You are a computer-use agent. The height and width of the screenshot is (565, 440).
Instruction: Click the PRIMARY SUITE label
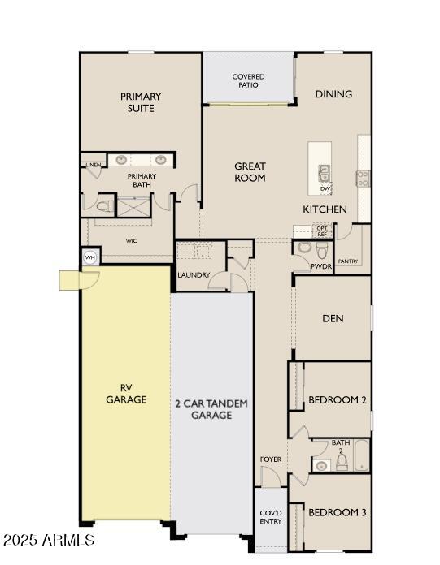pos(141,102)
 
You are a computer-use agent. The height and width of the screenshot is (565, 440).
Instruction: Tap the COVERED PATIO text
pos(248,80)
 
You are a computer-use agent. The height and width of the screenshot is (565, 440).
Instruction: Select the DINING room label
pos(333,94)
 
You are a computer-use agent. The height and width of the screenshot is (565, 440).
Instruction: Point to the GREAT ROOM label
pos(250,172)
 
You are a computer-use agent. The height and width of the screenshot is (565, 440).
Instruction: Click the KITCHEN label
pos(325,209)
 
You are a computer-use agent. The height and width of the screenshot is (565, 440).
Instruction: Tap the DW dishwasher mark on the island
pos(325,188)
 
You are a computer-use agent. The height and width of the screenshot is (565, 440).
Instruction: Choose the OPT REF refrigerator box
pos(322,231)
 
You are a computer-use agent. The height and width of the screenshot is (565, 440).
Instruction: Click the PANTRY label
pos(348,261)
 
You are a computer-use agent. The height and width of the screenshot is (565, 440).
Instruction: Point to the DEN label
pos(333,318)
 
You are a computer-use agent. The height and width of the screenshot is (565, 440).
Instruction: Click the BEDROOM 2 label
pos(338,400)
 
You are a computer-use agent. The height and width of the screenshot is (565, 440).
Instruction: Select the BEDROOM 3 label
pos(338,512)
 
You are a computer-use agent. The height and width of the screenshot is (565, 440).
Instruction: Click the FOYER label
pos(271,459)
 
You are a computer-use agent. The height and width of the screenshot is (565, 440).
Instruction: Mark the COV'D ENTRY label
pos(271,517)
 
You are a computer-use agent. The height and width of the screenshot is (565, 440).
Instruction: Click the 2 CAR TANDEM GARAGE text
pos(211,409)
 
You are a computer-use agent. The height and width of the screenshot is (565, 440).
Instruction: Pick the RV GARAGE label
pos(126,394)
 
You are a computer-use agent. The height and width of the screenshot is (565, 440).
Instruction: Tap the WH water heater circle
pos(89,257)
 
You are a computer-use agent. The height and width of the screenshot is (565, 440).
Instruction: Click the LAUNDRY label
pos(194,275)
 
